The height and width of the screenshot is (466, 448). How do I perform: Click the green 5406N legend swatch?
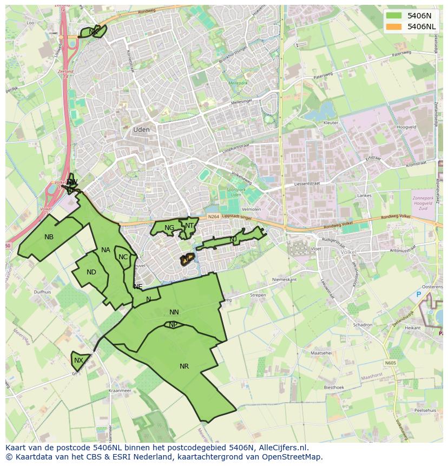394,16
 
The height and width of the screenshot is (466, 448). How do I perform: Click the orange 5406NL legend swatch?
394,27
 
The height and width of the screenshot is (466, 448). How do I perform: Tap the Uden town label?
141,130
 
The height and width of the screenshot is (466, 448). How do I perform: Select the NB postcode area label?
49,237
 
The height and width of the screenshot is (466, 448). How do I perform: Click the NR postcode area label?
184,366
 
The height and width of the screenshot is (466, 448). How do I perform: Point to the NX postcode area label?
79,360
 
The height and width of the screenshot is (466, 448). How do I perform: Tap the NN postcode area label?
174,312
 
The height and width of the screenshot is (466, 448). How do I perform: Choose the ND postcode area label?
91,272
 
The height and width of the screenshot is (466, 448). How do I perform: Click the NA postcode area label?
106,250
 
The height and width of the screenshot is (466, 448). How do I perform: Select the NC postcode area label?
123,257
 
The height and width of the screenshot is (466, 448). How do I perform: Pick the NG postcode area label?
169,228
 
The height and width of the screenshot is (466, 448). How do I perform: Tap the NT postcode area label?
189,226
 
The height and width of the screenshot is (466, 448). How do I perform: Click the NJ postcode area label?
233,239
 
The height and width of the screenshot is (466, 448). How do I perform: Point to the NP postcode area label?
173,325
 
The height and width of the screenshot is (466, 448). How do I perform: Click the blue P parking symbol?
418,294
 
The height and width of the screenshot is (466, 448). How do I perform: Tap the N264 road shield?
213,217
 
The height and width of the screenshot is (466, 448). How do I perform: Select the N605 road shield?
391,363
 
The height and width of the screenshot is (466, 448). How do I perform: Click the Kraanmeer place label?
120,390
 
